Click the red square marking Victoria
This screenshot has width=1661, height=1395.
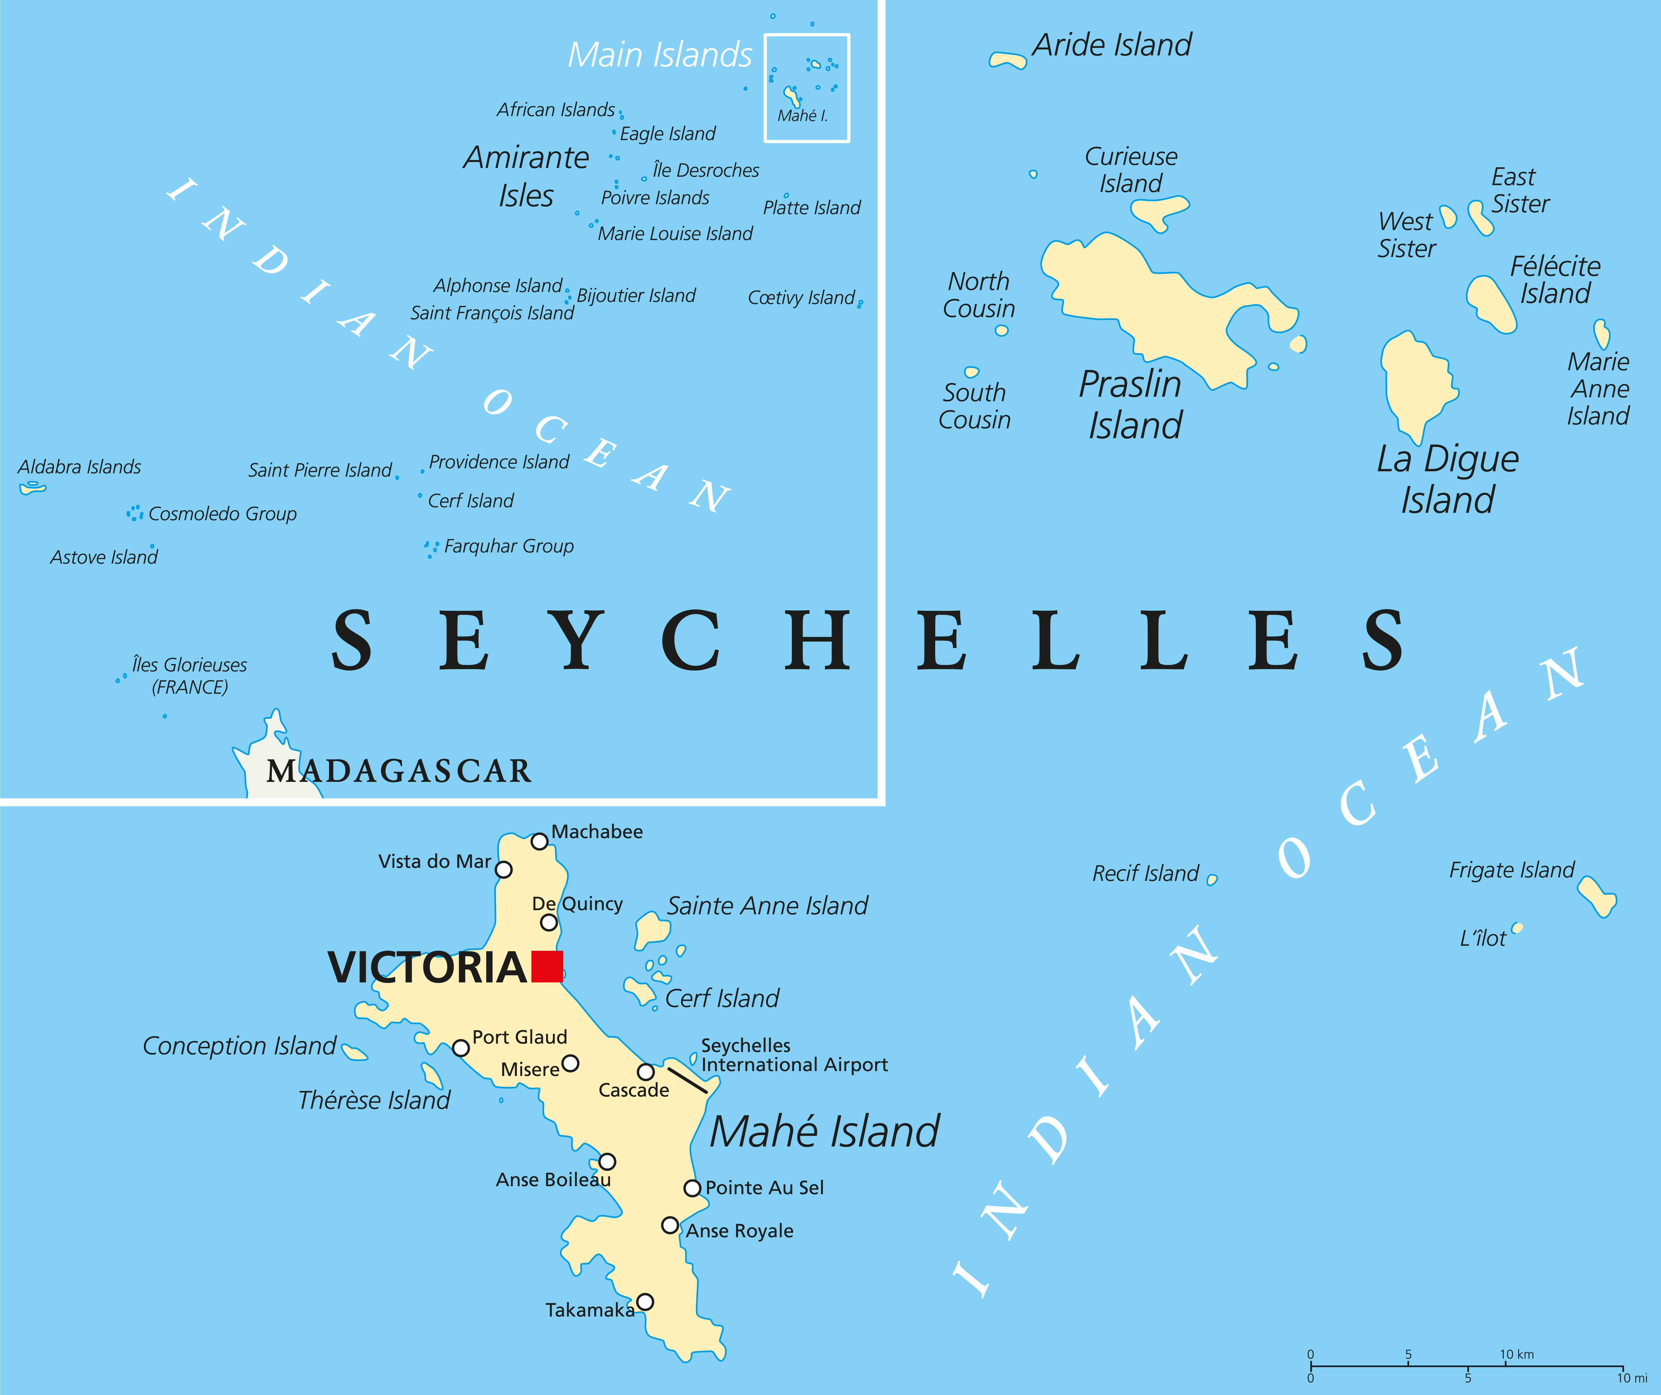tap(547, 966)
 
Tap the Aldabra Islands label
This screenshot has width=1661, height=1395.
tap(79, 467)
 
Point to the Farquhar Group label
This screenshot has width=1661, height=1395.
tap(508, 546)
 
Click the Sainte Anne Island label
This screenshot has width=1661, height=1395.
tap(767, 906)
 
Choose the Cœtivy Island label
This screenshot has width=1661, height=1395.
tap(801, 297)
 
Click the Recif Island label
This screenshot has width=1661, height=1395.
tap(1145, 873)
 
